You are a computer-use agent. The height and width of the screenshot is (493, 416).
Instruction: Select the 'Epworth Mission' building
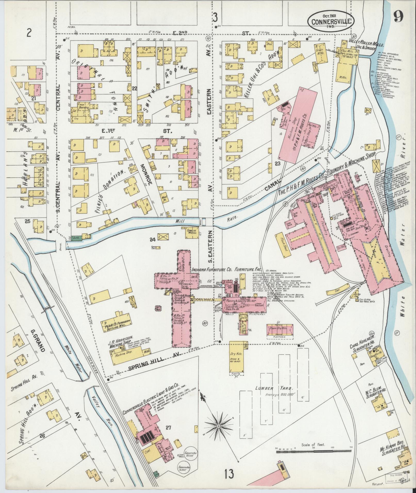[190, 232]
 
